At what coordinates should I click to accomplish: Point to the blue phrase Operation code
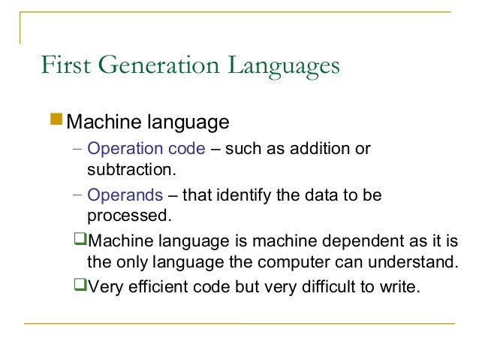146,149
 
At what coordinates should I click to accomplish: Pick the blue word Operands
125,195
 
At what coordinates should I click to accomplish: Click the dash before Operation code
77,149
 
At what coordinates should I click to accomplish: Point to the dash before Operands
77,195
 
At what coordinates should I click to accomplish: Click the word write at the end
399,286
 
